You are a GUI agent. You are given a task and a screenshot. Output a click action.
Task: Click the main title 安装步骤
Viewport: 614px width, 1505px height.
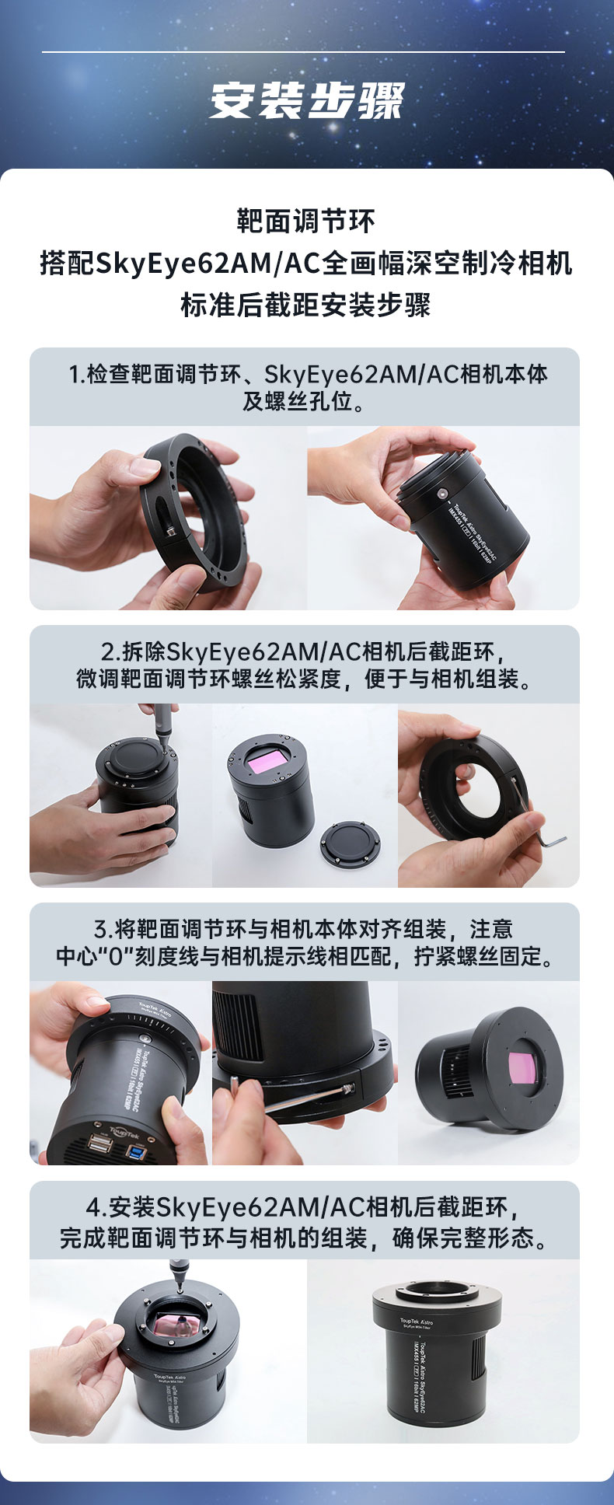click(307, 102)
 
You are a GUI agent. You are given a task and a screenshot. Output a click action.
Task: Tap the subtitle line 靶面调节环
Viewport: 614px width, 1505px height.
click(306, 222)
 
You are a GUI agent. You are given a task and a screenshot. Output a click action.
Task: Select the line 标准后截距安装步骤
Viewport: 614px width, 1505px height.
click(306, 304)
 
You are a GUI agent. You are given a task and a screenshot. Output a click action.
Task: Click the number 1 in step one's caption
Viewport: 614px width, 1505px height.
click(75, 374)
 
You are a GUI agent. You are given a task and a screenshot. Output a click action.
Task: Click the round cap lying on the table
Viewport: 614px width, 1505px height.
click(350, 845)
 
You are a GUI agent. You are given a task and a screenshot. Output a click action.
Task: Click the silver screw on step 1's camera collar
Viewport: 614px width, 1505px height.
click(442, 493)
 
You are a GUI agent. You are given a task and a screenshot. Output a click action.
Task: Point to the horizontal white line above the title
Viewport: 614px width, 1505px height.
click(303, 52)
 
